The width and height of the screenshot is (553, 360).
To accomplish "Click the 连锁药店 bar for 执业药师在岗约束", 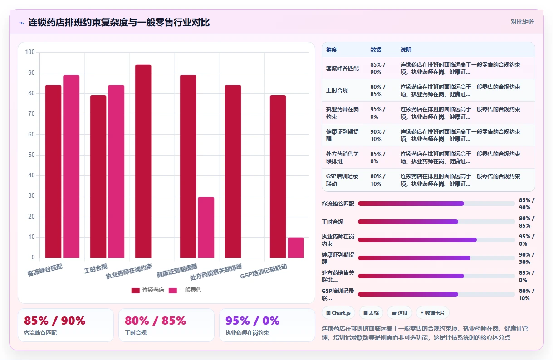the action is (x=143, y=161).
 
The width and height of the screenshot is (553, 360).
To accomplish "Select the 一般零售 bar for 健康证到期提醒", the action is (x=206, y=227).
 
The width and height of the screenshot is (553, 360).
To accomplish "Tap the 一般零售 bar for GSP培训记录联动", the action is (x=296, y=248).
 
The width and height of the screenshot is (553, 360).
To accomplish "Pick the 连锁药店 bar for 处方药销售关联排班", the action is (x=233, y=171).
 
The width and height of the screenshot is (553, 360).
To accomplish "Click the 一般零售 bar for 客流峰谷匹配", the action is (x=71, y=166).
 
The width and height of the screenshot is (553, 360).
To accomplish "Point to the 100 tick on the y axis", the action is (x=30, y=52).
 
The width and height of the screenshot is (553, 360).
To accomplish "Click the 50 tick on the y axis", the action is (x=31, y=155).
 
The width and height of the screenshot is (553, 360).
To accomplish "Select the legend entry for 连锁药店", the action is (x=147, y=290).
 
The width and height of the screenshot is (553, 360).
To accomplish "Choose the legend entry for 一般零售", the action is (x=185, y=290).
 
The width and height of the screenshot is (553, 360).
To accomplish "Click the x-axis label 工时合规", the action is (x=96, y=269).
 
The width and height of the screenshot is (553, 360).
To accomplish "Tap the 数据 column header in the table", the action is (x=376, y=50).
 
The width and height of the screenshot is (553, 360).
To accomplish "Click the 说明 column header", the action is (x=406, y=50).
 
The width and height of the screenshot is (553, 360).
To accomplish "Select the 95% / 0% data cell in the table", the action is (x=378, y=113).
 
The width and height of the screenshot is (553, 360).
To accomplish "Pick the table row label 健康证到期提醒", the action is (x=342, y=135).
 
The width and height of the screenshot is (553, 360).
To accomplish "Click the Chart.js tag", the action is (x=338, y=313).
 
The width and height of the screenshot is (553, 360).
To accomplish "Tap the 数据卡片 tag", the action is (x=432, y=313).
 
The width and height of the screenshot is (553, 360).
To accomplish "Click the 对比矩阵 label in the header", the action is (x=523, y=22).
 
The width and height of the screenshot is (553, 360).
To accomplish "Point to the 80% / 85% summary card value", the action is (x=155, y=321).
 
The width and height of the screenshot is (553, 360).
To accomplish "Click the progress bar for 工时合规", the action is (x=436, y=222).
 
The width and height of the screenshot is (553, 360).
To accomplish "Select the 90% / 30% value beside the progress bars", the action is (x=526, y=258).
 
